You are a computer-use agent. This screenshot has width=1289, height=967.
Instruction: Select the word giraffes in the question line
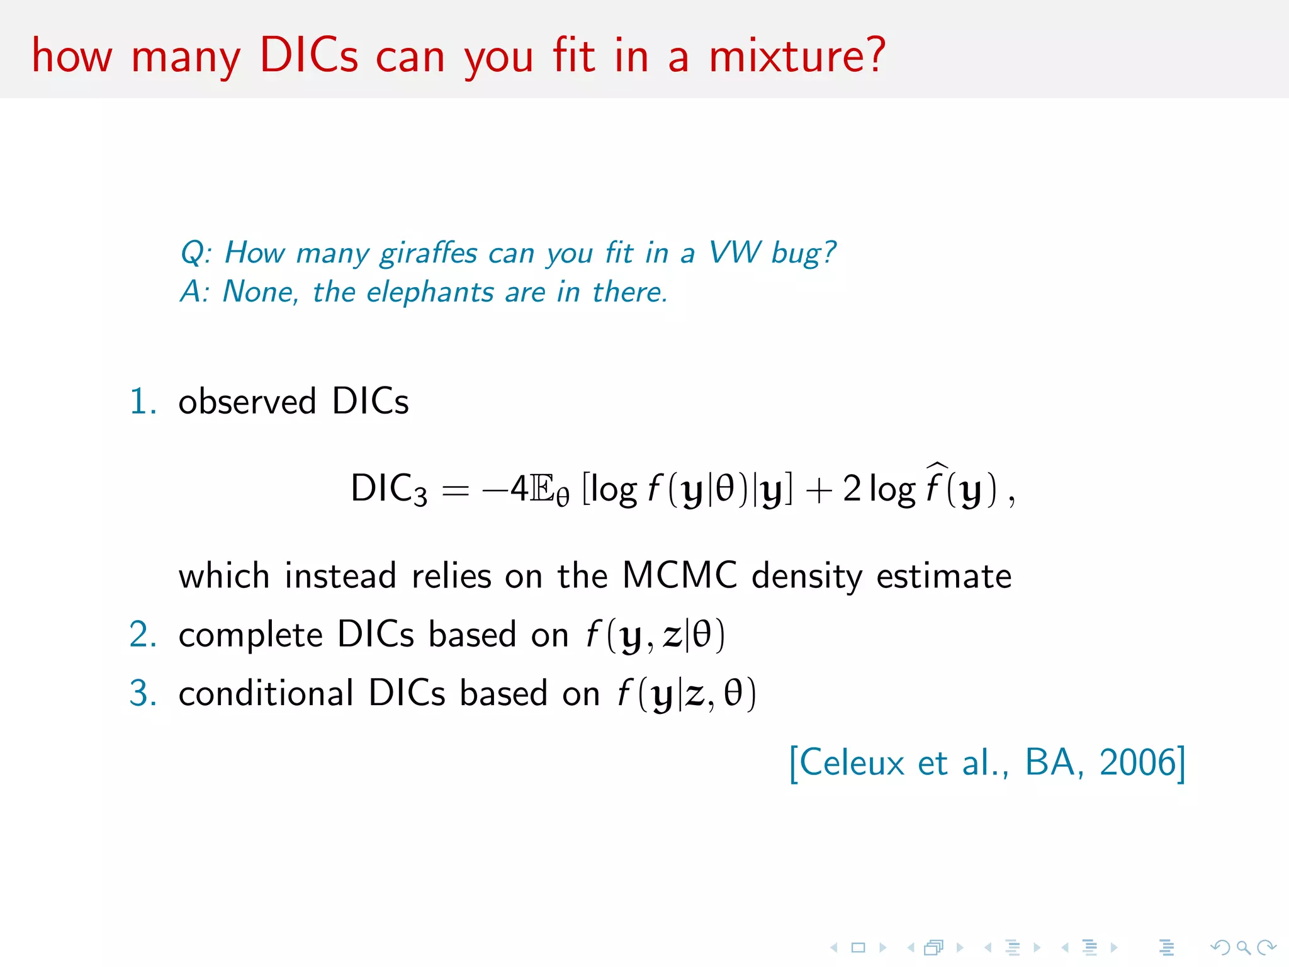click(x=429, y=253)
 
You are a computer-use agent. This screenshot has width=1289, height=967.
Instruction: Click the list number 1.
click(x=141, y=402)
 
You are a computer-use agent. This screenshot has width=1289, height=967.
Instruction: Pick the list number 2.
click(x=142, y=634)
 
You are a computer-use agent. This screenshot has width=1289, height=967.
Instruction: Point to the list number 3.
click(x=142, y=693)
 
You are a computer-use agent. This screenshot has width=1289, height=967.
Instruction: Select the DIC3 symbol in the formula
click(x=388, y=489)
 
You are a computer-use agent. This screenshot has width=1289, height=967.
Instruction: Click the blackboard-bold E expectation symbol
click(x=542, y=489)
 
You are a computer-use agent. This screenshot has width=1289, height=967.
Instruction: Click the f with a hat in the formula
click(x=935, y=485)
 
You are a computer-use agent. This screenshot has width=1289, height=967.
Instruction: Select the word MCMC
click(x=679, y=575)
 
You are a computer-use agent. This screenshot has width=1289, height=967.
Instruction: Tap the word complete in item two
click(x=250, y=635)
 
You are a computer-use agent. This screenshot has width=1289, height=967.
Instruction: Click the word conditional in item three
click(x=266, y=693)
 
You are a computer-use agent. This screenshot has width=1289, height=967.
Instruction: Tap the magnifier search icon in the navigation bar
click(x=1243, y=947)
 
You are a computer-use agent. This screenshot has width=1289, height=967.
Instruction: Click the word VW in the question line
click(x=734, y=253)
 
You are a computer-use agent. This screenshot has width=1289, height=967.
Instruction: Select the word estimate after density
click(x=943, y=575)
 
